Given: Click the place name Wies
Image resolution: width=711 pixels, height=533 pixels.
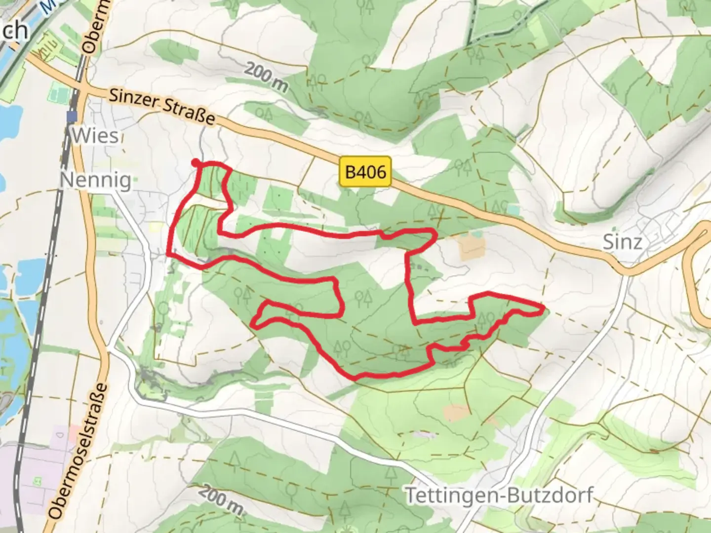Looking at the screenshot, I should (x=95, y=135).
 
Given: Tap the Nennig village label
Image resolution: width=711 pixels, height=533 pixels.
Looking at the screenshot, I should (x=96, y=180).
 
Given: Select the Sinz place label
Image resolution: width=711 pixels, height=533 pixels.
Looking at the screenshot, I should (x=623, y=242).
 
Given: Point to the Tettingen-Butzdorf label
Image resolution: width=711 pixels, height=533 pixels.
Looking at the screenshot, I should (x=499, y=495).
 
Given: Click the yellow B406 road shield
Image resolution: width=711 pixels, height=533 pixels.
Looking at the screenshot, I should (x=365, y=172).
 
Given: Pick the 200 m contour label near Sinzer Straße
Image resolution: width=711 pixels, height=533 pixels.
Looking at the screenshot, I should (x=266, y=77).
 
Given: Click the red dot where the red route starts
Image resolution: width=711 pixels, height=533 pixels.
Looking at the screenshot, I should (x=196, y=162).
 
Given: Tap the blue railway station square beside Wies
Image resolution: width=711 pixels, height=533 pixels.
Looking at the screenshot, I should (x=73, y=116).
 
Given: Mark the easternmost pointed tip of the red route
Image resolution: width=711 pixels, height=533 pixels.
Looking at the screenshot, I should (x=544, y=309).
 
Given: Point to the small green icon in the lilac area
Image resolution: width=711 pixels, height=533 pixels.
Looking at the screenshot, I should (x=37, y=480).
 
